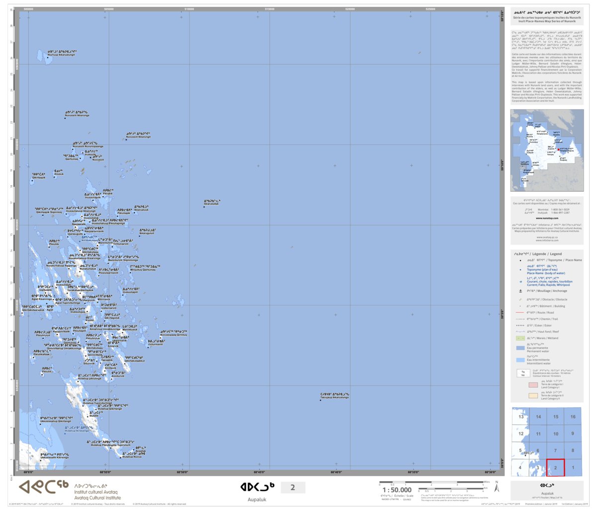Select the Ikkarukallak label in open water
212,203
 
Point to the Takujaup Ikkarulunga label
335,396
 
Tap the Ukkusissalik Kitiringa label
54,456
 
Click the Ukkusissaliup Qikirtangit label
56,420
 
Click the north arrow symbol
497,487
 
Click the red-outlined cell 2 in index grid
555,467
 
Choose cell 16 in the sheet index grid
573,417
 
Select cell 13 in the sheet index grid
520,417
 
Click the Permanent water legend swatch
520,348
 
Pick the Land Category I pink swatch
533,385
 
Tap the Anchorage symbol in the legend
520,291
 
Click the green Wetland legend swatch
520,338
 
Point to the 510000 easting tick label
189,9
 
